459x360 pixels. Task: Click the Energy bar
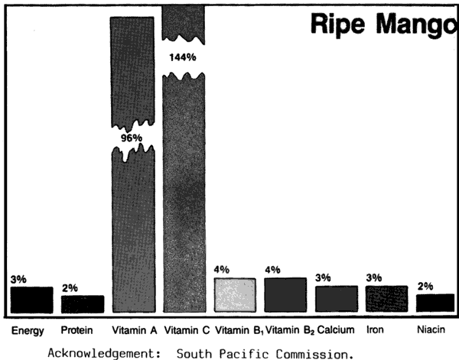[31, 299]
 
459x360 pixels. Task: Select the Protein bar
[83, 303]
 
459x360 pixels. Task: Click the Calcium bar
[336, 299]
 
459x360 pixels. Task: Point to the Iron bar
[386, 299]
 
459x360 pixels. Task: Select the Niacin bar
[435, 303]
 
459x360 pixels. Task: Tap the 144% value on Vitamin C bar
[184, 57]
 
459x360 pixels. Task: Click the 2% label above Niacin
[425, 287]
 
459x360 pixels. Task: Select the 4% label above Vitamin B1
[222, 270]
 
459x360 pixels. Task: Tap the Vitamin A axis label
[133, 330]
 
